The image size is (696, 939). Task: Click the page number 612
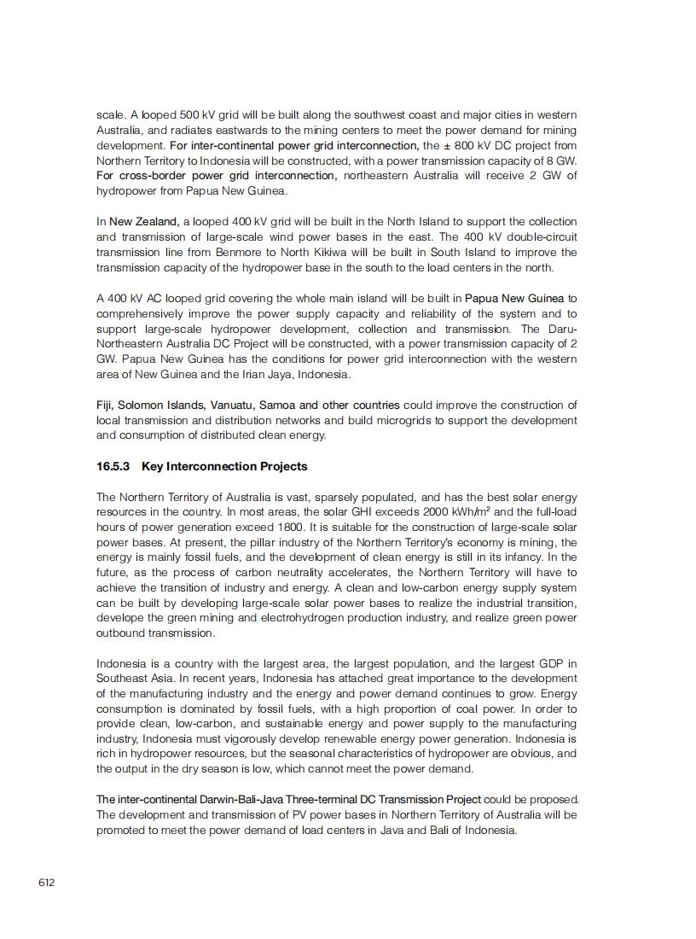point(46,883)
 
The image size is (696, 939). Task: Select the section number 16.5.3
point(113,466)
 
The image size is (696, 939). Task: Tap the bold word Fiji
point(104,405)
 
